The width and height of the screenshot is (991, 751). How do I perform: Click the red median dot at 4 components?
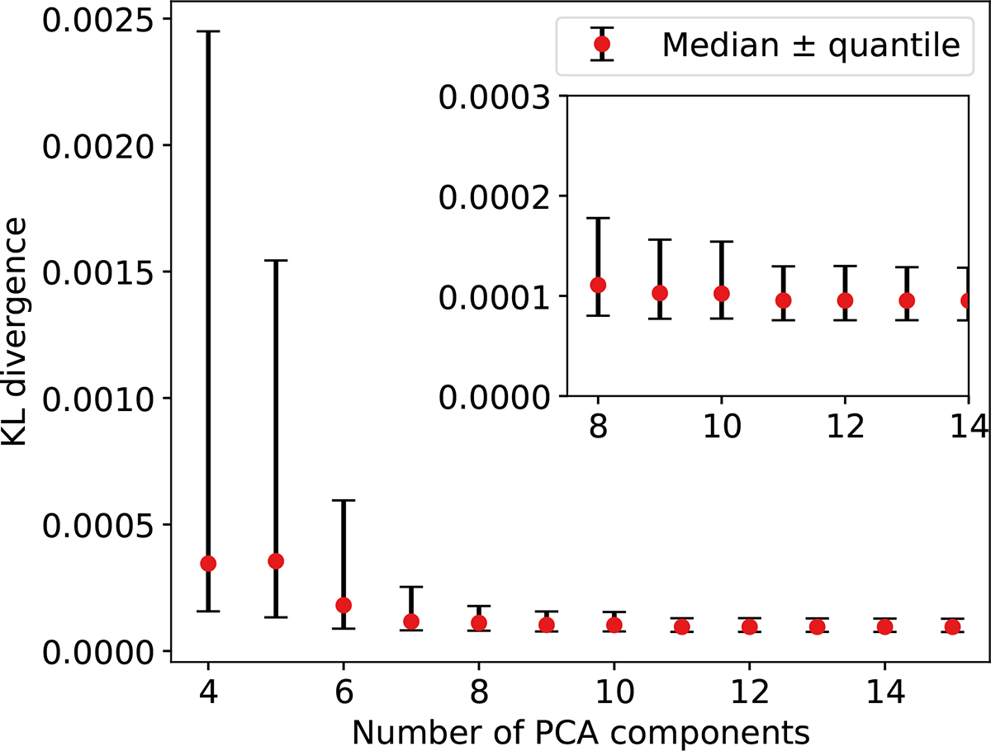click(208, 563)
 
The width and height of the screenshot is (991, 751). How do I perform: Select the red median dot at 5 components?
click(276, 561)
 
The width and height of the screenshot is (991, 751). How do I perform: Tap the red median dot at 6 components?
click(344, 605)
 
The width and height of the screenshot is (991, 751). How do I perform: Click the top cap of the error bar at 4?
click(208, 31)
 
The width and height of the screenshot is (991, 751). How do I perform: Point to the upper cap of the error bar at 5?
click(276, 260)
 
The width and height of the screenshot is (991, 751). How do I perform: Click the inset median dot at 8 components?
click(598, 285)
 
